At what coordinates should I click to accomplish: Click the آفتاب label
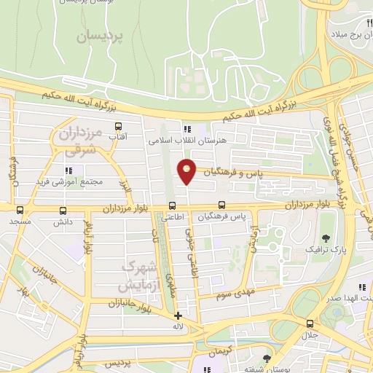117,136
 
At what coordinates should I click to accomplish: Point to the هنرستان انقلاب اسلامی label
176,138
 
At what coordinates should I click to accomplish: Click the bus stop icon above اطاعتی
172,205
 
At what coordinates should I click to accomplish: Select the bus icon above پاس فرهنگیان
222,205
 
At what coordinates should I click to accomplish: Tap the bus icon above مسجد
20,209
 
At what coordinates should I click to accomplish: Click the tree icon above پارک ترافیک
325,238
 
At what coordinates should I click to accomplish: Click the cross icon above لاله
178,316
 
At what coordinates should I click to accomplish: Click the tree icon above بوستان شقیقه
267,358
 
